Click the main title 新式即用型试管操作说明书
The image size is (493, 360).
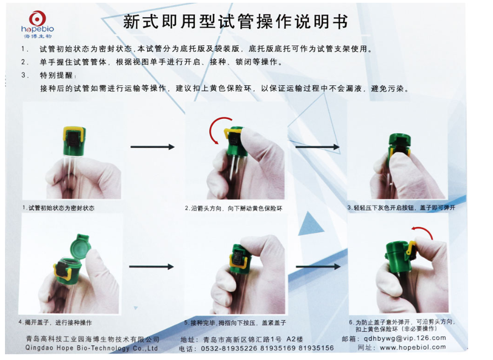[x=235, y=22]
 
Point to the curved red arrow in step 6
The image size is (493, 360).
[x=423, y=233]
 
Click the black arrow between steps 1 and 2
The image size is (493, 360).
[x=152, y=147]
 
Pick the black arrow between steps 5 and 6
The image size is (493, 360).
[x=317, y=267]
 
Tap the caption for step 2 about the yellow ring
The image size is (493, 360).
[x=233, y=208]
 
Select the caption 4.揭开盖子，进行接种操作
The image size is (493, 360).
[x=55, y=322]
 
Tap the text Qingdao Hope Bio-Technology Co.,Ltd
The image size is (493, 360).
[x=91, y=348]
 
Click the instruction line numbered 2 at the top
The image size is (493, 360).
[x=160, y=62]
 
